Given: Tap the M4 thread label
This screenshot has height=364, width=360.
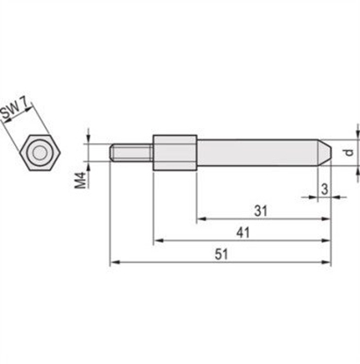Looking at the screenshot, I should click(x=81, y=179).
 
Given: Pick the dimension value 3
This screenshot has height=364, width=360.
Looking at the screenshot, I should click(x=324, y=188).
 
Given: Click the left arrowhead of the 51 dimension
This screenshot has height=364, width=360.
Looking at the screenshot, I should click(x=112, y=261).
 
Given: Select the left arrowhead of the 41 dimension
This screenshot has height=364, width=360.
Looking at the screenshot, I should click(x=157, y=239).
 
